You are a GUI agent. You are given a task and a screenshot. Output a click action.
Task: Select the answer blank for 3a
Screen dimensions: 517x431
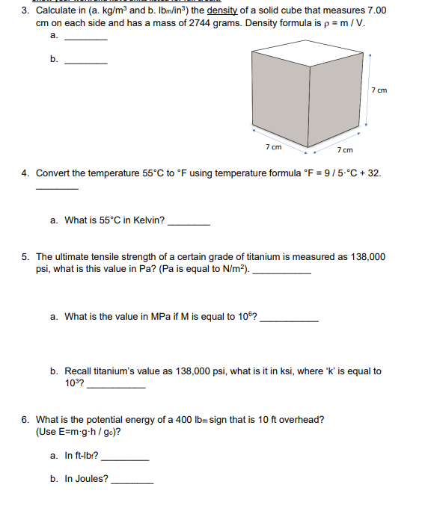pyautogui.click(x=86, y=39)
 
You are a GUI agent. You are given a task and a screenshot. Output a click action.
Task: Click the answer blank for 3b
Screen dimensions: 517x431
pyautogui.click(x=86, y=63)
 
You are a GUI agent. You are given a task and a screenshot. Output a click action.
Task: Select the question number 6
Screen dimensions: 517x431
pyautogui.click(x=26, y=419)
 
